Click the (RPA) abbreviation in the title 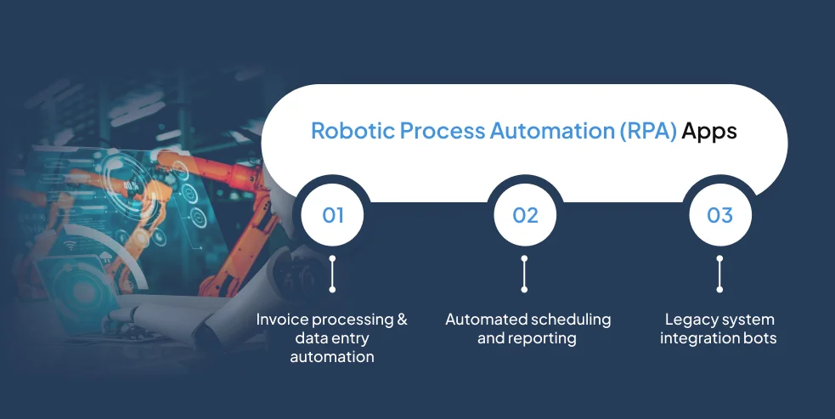[648, 131]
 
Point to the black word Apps [709, 133]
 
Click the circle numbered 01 [333, 215]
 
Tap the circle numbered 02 [525, 215]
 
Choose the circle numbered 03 [720, 215]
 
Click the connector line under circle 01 [332, 274]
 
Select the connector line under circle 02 [525, 274]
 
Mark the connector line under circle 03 [720, 274]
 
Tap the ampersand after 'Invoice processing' [402, 320]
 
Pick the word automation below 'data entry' [332, 357]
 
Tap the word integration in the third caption [699, 338]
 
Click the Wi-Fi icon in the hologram [70, 246]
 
